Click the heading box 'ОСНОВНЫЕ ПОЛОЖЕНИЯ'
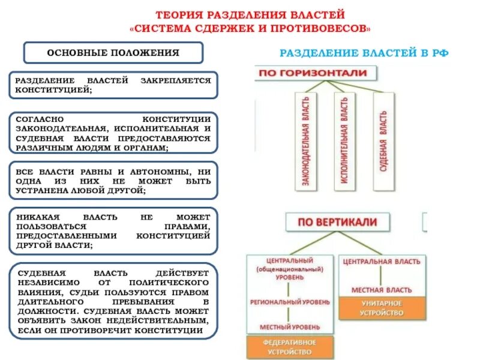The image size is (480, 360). point(113,53)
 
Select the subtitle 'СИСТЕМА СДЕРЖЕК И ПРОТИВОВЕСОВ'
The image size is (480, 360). point(250,28)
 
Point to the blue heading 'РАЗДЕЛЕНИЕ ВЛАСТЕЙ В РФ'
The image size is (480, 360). point(364,53)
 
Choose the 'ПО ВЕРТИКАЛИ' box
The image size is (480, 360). point(338,222)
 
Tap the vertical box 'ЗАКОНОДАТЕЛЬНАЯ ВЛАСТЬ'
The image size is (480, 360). point(305,142)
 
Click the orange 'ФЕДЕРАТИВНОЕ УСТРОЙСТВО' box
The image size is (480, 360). point(289,346)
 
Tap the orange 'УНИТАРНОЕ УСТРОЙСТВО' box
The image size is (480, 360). point(382,308)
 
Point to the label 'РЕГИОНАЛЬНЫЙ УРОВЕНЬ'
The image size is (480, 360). point(289,302)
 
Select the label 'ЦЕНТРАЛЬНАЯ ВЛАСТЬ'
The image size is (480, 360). point(382,262)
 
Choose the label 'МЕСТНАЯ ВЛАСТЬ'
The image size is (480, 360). point(382,290)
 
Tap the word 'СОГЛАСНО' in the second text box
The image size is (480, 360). point(37,119)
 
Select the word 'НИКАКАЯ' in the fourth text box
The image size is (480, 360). point(36,216)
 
